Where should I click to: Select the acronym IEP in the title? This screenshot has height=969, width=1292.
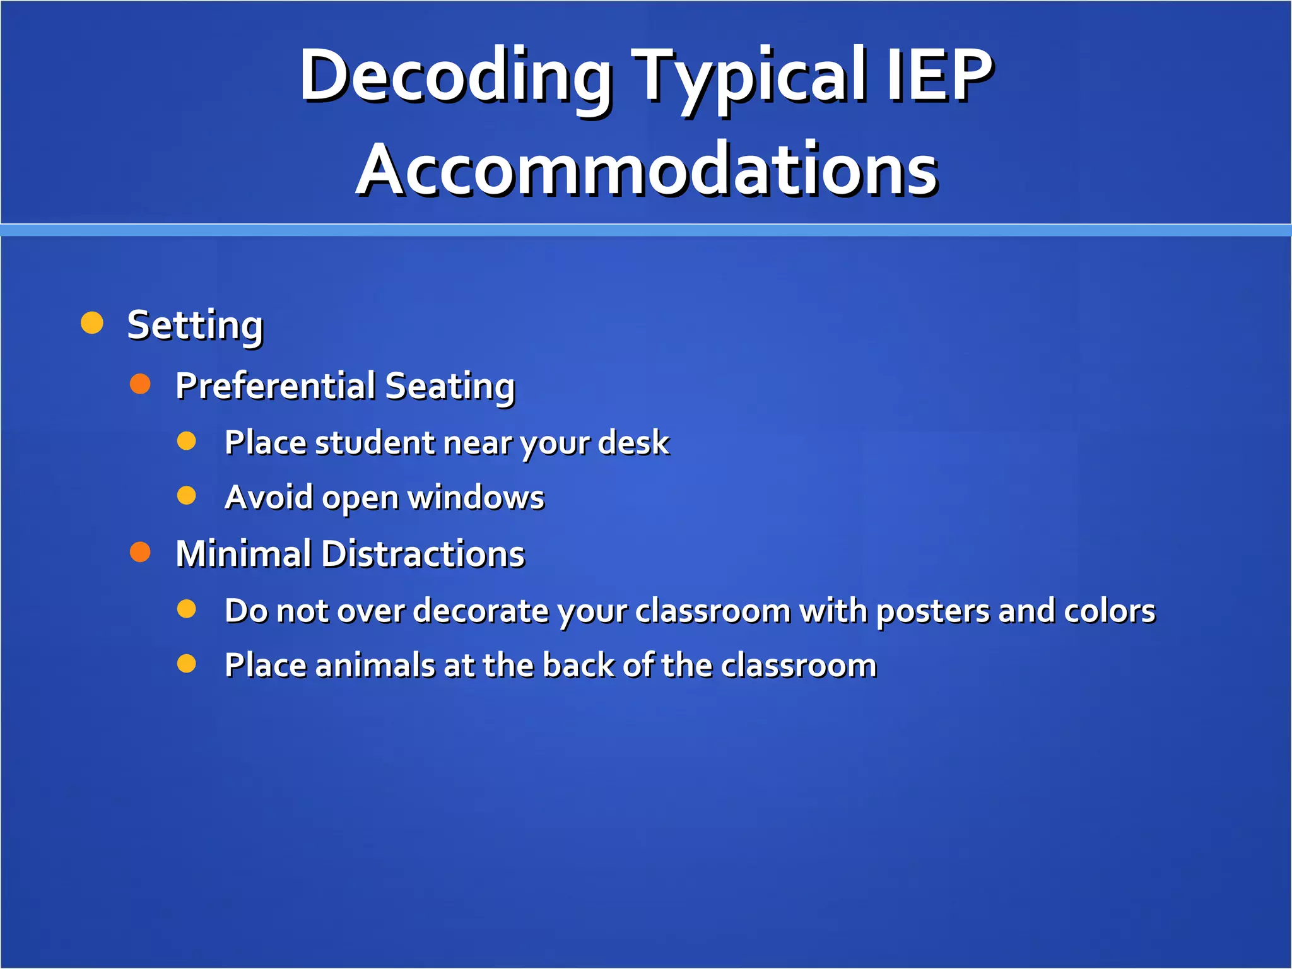pos(940,76)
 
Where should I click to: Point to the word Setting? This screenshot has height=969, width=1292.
pos(195,326)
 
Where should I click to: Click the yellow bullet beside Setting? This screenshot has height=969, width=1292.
pos(92,322)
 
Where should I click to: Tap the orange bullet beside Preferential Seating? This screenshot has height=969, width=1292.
pos(140,384)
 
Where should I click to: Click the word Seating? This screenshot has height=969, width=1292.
pos(450,387)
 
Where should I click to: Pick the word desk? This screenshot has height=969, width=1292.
pos(633,442)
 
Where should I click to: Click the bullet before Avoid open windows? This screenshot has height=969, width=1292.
pos(187,496)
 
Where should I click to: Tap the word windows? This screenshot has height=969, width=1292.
pos(476,497)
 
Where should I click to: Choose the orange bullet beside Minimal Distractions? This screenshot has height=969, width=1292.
pos(140,552)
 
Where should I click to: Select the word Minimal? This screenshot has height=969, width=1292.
pos(244,554)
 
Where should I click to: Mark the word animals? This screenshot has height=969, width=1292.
pos(375,666)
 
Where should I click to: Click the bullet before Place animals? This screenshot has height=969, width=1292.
pos(187,664)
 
